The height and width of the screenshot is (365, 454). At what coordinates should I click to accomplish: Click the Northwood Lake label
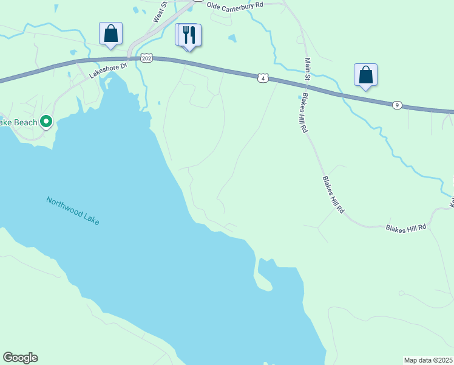(x=73, y=210)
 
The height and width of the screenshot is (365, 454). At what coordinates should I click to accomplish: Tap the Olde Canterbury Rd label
(x=235, y=5)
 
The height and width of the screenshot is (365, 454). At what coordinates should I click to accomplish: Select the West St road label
(x=160, y=12)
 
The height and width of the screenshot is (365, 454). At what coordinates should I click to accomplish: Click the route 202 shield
(x=146, y=57)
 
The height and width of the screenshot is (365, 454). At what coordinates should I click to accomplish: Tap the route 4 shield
(x=262, y=78)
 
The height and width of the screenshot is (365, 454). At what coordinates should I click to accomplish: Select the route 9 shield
(x=396, y=105)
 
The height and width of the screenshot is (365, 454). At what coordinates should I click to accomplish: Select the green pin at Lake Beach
(x=46, y=122)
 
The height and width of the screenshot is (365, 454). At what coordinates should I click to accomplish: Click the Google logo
(x=20, y=358)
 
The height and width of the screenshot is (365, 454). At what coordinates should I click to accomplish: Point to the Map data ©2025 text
(x=428, y=360)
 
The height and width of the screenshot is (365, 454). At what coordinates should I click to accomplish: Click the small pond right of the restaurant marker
(x=231, y=38)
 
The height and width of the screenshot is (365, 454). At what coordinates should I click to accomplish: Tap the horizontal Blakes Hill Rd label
(x=406, y=227)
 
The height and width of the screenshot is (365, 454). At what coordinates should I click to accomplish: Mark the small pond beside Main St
(x=299, y=97)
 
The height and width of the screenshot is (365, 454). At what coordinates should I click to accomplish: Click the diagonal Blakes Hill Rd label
(x=333, y=194)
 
